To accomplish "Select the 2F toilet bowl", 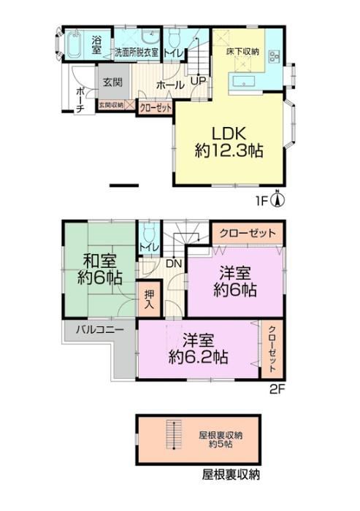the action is [x=149, y=231].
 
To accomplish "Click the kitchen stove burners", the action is [x=273, y=57].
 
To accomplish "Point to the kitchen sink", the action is [x=245, y=82].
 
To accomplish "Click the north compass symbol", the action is [x=277, y=199].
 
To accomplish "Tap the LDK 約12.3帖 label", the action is [x=229, y=142].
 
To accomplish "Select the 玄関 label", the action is [x=112, y=82].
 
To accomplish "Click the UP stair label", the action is [x=199, y=80].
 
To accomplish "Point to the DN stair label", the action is [x=174, y=264].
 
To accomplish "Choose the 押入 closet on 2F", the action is [x=150, y=299].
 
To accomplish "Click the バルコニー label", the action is [x=100, y=330].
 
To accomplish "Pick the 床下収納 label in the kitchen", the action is [x=242, y=52].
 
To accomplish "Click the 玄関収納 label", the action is [x=111, y=105].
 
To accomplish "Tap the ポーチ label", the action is [x=80, y=100].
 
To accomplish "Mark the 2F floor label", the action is [x=277, y=389].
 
